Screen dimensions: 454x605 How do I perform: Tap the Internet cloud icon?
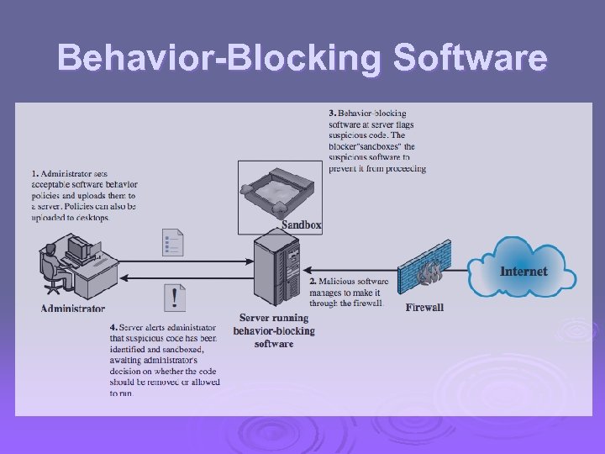click(522, 269)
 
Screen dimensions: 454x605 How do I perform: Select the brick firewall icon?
click(426, 270)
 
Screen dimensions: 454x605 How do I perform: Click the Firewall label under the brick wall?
click(424, 308)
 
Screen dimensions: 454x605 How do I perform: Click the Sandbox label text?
click(301, 225)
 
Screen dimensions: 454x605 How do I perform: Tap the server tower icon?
click(277, 270)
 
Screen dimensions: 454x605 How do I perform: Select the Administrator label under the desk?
click(73, 309)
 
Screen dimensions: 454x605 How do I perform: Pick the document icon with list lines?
click(172, 242)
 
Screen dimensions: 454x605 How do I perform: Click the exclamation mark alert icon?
click(174, 297)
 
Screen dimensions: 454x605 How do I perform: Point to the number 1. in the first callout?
click(35, 173)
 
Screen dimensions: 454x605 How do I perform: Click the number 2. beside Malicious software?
click(313, 281)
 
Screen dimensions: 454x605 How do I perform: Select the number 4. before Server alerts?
click(113, 327)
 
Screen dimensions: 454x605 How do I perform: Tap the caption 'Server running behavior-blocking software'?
click(274, 330)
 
